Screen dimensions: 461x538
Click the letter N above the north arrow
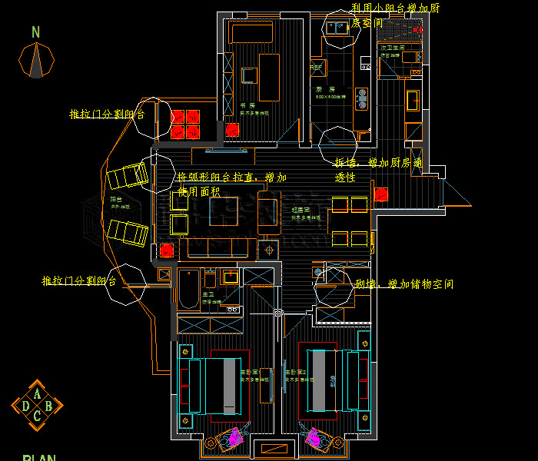pos(36,32)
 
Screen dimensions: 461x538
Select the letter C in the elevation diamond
pos(37,416)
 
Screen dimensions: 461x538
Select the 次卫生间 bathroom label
pos(392,48)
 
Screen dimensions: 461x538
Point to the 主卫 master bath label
pos(208,295)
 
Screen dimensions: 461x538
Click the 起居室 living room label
pos(300,210)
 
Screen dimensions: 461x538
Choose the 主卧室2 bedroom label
pos(296,373)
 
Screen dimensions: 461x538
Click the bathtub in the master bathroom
pos(188,290)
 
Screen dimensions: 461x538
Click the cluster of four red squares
pos(185,124)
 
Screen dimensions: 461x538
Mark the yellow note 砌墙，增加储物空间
pos(404,284)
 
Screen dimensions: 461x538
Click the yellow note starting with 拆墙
pos(377,170)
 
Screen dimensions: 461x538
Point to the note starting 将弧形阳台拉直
pos(227,184)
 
